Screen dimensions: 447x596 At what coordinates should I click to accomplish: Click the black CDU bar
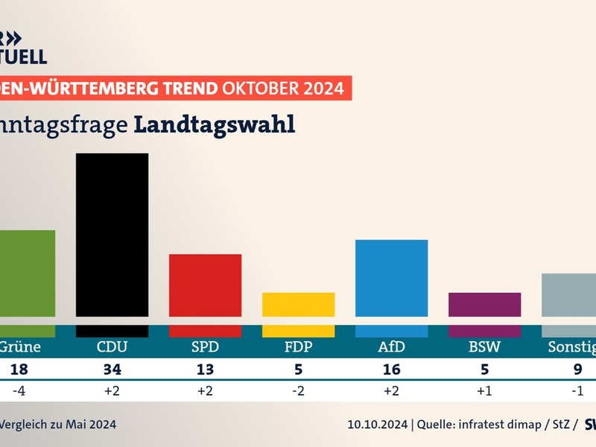[x=112, y=238]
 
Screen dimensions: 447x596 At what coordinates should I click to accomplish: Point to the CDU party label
[x=112, y=346]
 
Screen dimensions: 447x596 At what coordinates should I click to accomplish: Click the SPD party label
[x=205, y=346]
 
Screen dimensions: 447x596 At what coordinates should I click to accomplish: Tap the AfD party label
[x=391, y=346]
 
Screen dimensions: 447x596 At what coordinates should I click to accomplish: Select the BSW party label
[x=484, y=346]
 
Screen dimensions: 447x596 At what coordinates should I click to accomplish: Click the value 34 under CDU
[x=112, y=370]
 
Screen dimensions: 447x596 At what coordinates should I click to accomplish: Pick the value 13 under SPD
[x=205, y=370]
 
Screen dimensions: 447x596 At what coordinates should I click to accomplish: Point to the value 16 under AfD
[x=391, y=370]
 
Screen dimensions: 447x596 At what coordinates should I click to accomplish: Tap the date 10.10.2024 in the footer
[x=377, y=425]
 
